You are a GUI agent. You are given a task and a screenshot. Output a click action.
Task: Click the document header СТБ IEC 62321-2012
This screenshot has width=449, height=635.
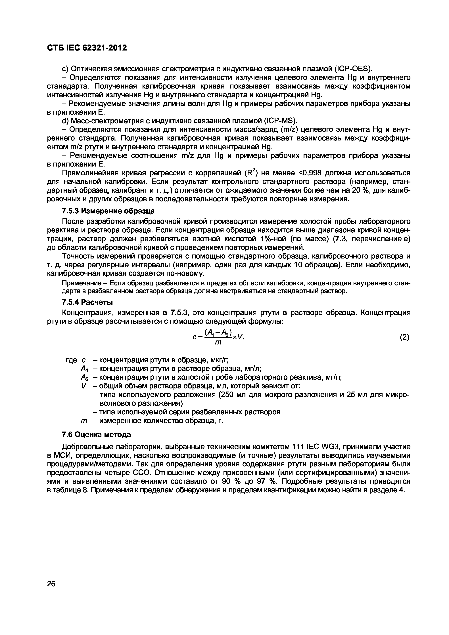[87, 48]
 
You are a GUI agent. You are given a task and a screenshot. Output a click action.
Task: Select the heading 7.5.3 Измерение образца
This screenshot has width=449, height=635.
[108, 211]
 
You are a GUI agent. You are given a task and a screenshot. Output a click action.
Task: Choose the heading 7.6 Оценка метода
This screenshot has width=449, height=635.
[96, 434]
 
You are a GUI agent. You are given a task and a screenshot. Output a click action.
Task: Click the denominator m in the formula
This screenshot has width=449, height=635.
[218, 342]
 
